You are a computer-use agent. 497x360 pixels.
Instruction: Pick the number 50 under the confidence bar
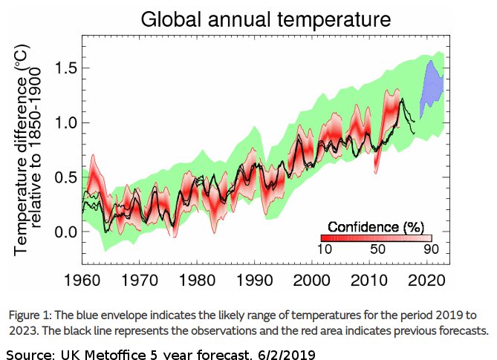[377, 249]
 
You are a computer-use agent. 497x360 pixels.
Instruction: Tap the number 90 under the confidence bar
[431, 249]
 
